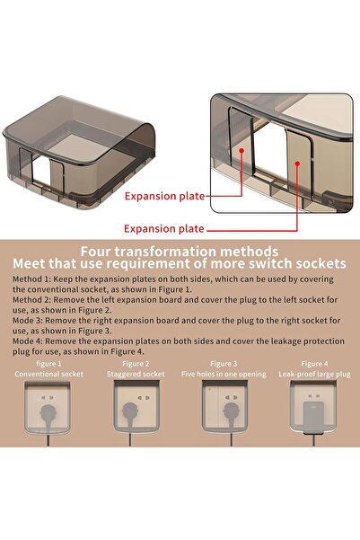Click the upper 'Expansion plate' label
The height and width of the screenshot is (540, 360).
point(164,196)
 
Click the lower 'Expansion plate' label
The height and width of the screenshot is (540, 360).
point(164,228)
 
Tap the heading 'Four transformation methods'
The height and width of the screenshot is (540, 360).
point(179,252)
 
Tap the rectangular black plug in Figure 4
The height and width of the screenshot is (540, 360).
point(312,414)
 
